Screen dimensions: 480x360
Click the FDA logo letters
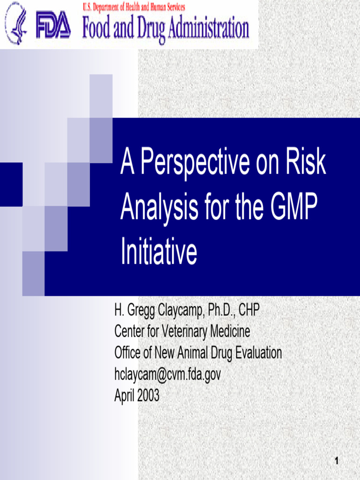[x=54, y=26]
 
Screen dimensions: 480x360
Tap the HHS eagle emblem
[x=16, y=24]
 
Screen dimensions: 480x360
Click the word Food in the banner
[x=97, y=28]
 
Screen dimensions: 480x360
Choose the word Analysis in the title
[x=159, y=208]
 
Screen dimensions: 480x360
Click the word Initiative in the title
[x=158, y=252]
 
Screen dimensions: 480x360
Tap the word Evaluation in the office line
[x=253, y=353]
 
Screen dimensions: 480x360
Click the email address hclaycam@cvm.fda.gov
[x=167, y=375]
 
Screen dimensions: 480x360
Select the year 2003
[x=147, y=396]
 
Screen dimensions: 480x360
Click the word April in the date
[x=124, y=396]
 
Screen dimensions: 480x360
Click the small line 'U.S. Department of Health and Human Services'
[x=134, y=7]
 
